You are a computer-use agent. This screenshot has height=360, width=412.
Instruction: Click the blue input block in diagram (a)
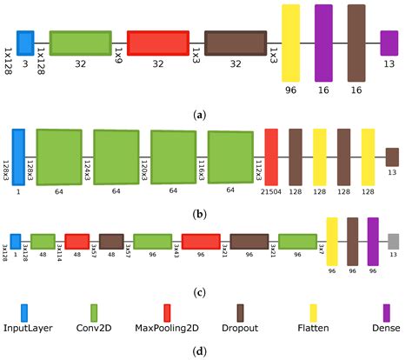click(x=26, y=43)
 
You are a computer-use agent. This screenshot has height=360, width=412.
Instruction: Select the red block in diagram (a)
click(x=157, y=43)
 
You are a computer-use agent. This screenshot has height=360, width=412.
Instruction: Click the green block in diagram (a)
click(x=80, y=43)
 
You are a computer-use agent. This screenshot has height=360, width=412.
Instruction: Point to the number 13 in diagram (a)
click(x=389, y=64)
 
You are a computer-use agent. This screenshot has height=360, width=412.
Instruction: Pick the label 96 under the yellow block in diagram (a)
click(x=290, y=88)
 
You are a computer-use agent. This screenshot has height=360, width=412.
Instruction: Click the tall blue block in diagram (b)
click(x=18, y=157)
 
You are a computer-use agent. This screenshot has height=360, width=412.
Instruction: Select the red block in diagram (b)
click(x=271, y=157)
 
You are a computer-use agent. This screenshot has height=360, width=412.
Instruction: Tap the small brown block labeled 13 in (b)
click(x=392, y=157)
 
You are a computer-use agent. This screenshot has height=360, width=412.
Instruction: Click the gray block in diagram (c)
click(x=394, y=241)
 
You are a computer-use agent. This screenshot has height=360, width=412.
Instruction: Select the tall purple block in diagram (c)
click(x=373, y=241)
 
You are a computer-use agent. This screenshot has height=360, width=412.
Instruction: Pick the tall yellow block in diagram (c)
click(x=331, y=241)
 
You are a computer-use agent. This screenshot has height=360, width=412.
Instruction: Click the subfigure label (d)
click(x=206, y=350)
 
